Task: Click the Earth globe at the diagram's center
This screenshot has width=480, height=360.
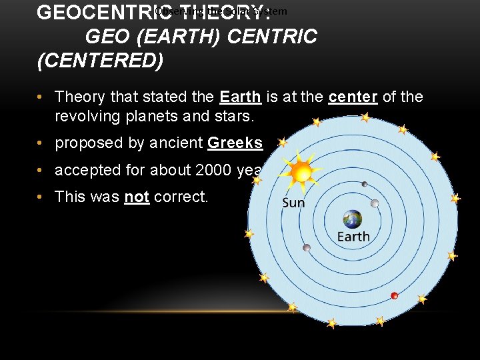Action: (x=352, y=219)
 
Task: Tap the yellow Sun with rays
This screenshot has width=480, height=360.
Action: (x=302, y=173)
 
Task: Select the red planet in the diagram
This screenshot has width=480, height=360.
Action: (x=394, y=295)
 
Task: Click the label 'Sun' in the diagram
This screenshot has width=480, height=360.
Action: (x=293, y=202)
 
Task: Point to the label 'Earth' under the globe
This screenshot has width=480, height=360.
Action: (x=353, y=237)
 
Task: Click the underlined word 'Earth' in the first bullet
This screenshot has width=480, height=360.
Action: (x=241, y=97)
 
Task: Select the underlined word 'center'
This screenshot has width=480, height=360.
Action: (x=353, y=97)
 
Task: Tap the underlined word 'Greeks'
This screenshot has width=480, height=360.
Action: (x=235, y=143)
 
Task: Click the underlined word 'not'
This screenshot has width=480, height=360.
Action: (x=137, y=197)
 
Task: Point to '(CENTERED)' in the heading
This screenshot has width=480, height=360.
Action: (x=100, y=61)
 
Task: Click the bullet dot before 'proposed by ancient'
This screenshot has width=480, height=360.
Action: (x=41, y=143)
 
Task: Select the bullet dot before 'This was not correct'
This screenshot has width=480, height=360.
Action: (x=41, y=197)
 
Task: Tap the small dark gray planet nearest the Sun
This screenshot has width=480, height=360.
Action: (x=364, y=184)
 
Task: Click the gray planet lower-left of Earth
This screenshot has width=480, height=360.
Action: (x=306, y=248)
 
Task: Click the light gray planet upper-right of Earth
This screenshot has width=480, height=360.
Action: (x=375, y=203)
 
